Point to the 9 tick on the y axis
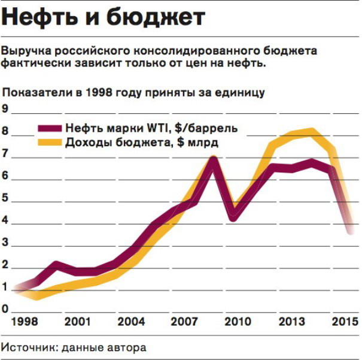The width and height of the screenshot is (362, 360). click(x=5, y=110)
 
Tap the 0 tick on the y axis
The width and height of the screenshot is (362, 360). click(x=5, y=310)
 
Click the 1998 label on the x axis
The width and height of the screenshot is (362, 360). click(x=23, y=322)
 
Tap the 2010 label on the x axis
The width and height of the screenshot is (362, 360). click(x=238, y=322)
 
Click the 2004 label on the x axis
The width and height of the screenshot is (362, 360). click(x=131, y=322)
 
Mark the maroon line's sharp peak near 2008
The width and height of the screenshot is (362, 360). click(x=213, y=160)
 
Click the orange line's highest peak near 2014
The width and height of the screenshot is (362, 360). click(x=311, y=131)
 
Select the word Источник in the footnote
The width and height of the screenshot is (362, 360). click(x=26, y=347)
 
